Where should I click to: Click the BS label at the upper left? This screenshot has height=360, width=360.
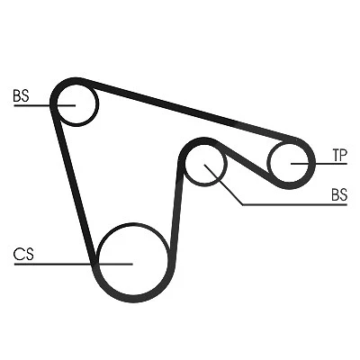[x=21, y=95]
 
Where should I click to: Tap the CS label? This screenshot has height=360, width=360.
[x=23, y=255]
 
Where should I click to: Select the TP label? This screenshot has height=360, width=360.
[x=339, y=156]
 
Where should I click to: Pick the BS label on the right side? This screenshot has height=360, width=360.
[x=339, y=194]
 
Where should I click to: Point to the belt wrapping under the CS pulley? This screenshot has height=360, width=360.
[x=133, y=298]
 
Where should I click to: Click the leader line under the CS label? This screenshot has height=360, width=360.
[x=74, y=265]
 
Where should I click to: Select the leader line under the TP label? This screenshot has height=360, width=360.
[x=319, y=164]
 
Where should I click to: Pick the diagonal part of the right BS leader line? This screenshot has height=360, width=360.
[x=223, y=184]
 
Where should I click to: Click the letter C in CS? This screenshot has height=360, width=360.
[x=19, y=255]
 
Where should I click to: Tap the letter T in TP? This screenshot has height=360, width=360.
[x=336, y=156]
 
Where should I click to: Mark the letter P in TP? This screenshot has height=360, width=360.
[x=344, y=156]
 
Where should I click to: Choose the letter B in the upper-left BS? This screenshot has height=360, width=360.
[x=17, y=95]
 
